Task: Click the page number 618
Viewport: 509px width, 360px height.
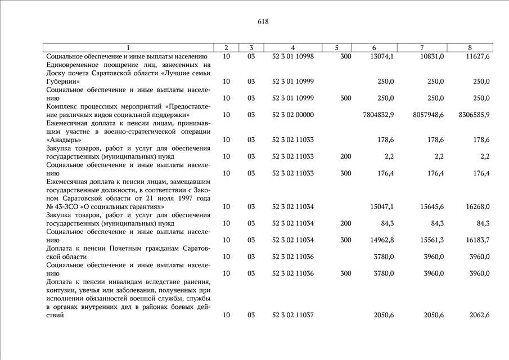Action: [x=263, y=22]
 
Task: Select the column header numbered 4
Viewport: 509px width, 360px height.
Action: [x=293, y=48]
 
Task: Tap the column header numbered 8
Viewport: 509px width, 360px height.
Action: [x=470, y=48]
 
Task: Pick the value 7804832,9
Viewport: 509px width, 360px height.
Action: [x=379, y=115]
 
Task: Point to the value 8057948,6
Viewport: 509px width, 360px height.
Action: [x=429, y=115]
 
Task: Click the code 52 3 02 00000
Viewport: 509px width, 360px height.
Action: [x=293, y=115]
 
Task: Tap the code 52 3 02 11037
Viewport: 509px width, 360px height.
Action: [x=293, y=315]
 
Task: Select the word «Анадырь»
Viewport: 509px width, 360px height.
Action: [x=64, y=140]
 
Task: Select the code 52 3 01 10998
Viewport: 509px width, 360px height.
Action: [x=293, y=57]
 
